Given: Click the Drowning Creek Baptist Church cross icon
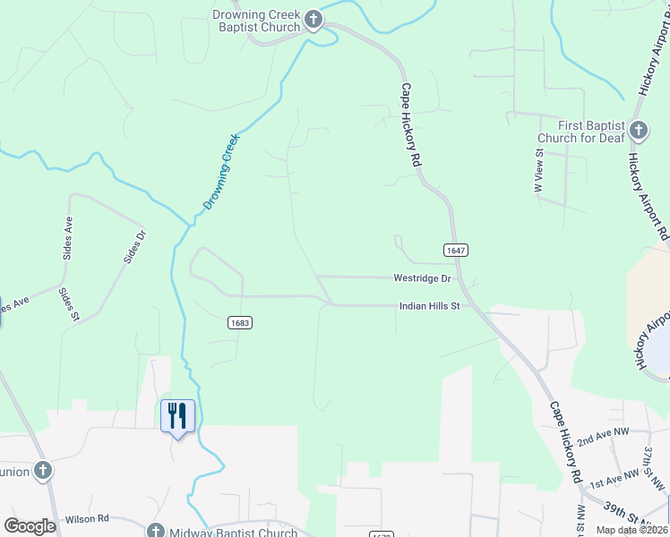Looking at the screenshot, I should pyautogui.click(x=313, y=20).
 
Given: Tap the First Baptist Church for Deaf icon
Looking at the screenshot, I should pyautogui.click(x=638, y=131).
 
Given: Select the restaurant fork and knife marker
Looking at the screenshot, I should pyautogui.click(x=176, y=416).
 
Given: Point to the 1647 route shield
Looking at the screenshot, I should pyautogui.click(x=455, y=251).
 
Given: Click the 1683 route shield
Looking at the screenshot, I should pyautogui.click(x=238, y=322).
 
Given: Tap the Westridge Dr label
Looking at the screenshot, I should pyautogui.click(x=421, y=278).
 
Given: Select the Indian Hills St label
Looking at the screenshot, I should pyautogui.click(x=428, y=306).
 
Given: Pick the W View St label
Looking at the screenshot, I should pyautogui.click(x=539, y=170).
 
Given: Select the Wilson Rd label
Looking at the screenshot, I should pyautogui.click(x=87, y=519).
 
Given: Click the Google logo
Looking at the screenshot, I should pyautogui.click(x=30, y=526).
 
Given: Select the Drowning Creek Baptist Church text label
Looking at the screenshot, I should pyautogui.click(x=256, y=21).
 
